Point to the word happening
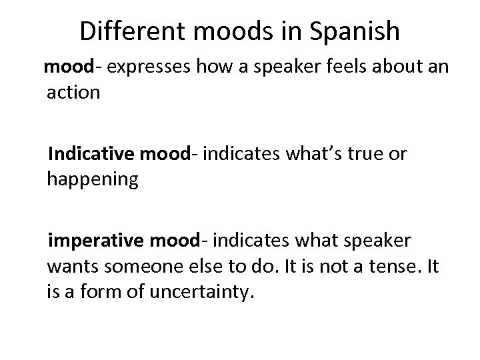pyautogui.click(x=93, y=180)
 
